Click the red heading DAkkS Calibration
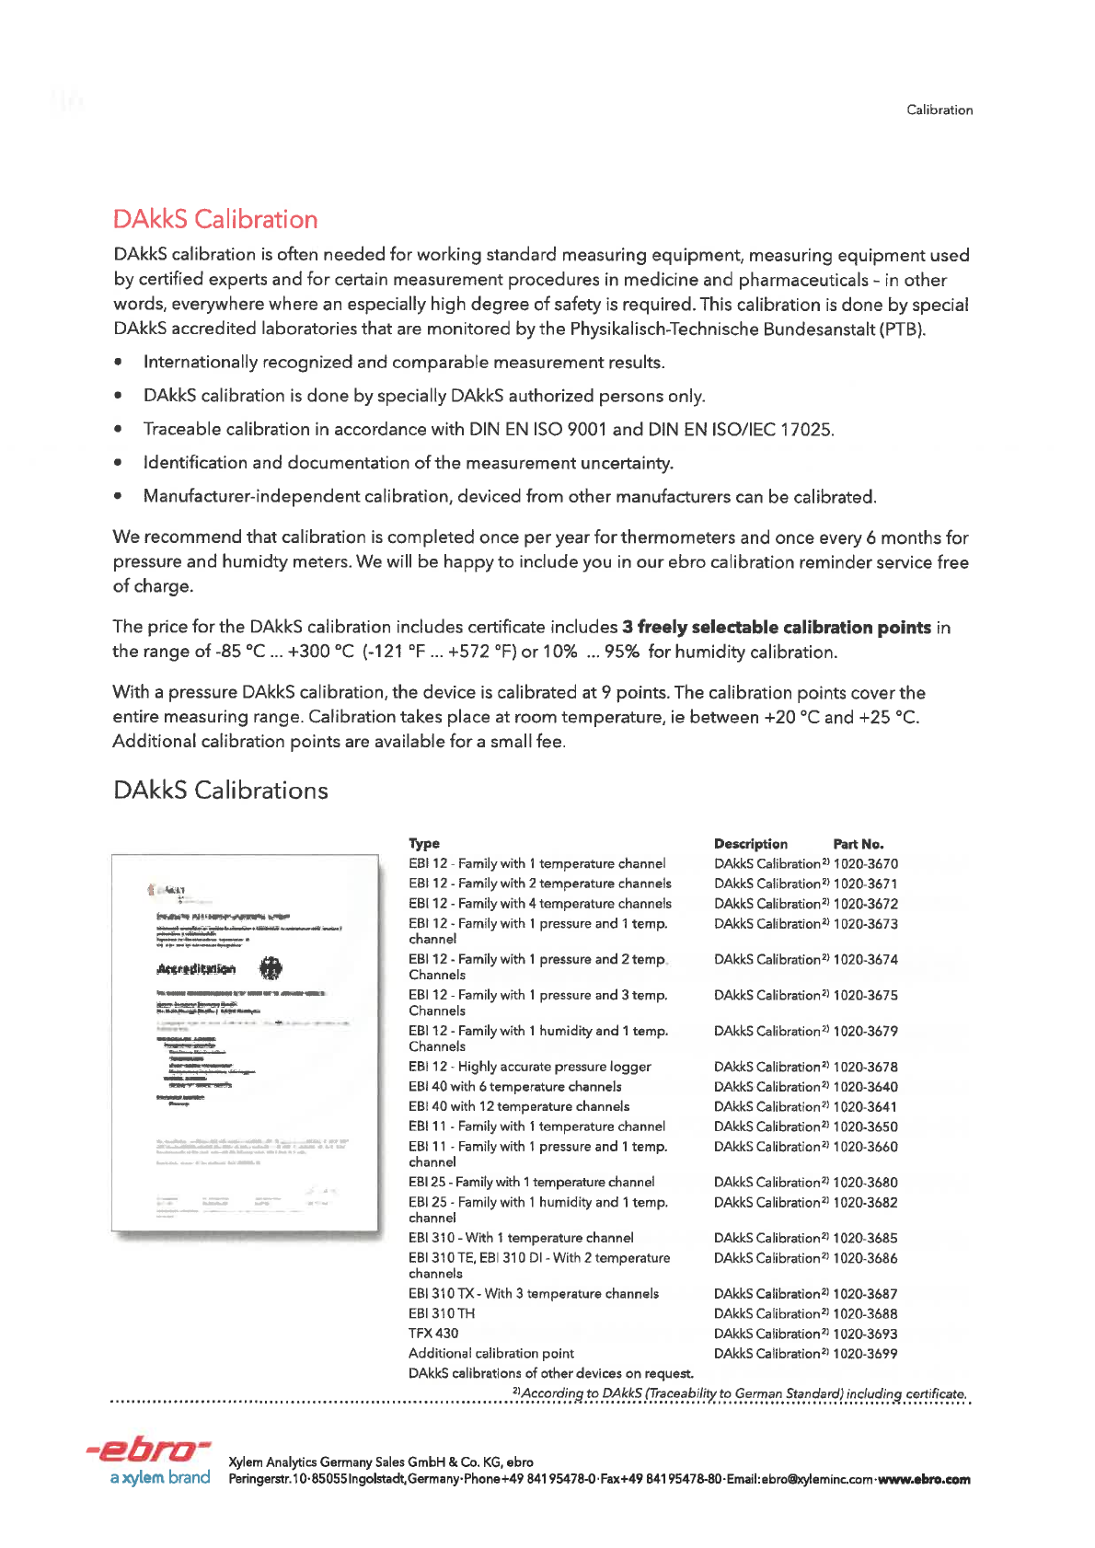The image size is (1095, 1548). point(215,220)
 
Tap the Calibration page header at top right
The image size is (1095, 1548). point(939,110)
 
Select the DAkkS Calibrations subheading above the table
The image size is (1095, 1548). point(220,791)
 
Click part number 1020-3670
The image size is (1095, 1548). point(865,864)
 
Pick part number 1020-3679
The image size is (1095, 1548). point(865,1032)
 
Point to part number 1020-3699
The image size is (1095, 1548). point(865,1354)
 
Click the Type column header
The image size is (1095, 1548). point(424,844)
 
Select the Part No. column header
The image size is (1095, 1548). point(858,844)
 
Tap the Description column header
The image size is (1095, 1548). point(750,844)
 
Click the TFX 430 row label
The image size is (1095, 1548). point(433,1334)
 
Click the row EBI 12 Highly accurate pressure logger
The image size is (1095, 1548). point(529,1067)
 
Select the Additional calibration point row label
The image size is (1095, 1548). point(491,1354)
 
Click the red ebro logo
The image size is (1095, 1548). point(149,1450)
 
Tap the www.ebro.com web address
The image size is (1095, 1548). point(923,1480)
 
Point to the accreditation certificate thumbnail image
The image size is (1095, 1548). point(245,1042)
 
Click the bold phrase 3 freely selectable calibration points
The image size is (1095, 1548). point(777,628)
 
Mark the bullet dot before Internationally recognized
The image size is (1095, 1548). point(119,363)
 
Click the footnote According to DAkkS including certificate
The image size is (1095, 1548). point(740,1393)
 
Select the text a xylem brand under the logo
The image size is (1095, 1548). point(160,1478)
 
